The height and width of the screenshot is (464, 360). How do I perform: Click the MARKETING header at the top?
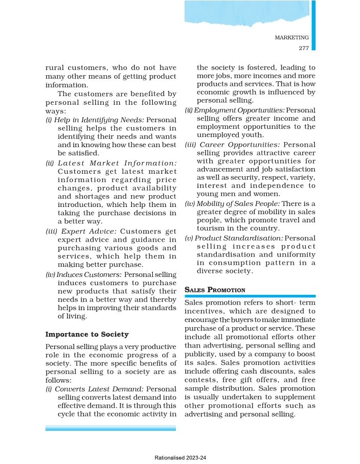pos(291,37)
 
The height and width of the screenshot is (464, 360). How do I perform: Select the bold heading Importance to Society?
pos(87,334)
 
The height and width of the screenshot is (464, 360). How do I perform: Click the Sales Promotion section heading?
pos(214,290)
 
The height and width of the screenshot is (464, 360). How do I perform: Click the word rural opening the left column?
pos(56,67)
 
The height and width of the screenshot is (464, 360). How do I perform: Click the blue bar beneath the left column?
pos(110,428)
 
